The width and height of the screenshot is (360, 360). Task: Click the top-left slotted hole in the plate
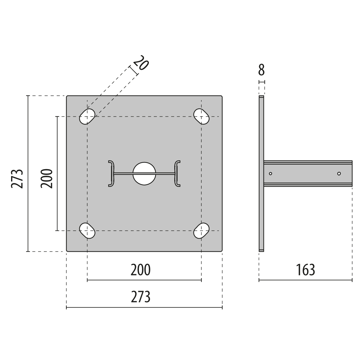87,117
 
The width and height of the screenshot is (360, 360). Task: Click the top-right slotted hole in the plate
201,117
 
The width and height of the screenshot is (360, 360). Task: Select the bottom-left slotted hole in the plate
87,231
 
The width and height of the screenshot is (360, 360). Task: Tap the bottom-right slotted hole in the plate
201,231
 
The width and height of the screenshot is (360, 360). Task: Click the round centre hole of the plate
144,174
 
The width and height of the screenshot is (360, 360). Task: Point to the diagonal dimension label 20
141,63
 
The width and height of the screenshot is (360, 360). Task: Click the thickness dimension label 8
262,70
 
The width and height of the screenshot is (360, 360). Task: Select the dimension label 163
305,270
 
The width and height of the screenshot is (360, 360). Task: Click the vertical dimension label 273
17,178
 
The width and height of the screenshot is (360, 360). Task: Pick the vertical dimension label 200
47,178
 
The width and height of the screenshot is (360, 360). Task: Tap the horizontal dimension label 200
140,270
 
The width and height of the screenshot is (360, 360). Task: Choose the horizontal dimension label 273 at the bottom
140,297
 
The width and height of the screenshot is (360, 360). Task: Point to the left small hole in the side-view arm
270,174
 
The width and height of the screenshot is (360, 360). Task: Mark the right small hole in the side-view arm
339,174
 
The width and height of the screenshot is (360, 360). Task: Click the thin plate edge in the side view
261,174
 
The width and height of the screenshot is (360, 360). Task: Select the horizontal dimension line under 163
305,280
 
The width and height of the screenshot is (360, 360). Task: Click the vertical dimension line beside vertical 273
28,174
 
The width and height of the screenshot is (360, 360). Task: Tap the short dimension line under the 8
262,82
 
